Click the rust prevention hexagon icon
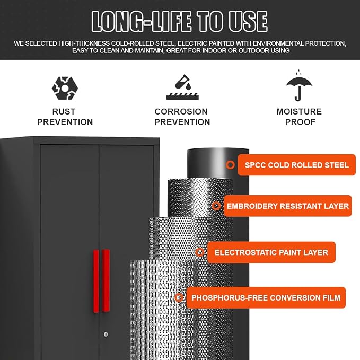[x=65, y=89]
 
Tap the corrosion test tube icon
[x=183, y=87]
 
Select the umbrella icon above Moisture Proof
[x=299, y=85]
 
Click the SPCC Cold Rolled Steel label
[x=296, y=165]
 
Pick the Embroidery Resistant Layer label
[x=288, y=206]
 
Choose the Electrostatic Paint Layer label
[x=271, y=252]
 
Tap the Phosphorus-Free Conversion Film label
[x=266, y=297]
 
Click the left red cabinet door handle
[x=96, y=281]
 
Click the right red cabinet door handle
[x=106, y=280]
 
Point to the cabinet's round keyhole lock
[x=106, y=334]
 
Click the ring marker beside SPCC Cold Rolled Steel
[x=231, y=164]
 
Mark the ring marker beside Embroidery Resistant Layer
[x=216, y=206]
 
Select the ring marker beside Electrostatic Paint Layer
[x=200, y=252]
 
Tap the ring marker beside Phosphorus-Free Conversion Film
[x=179, y=297]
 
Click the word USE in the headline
[x=248, y=21]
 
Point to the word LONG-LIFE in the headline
[x=142, y=21]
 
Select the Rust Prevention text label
[x=65, y=117]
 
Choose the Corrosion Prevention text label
[x=182, y=117]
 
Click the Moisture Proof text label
[x=299, y=117]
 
